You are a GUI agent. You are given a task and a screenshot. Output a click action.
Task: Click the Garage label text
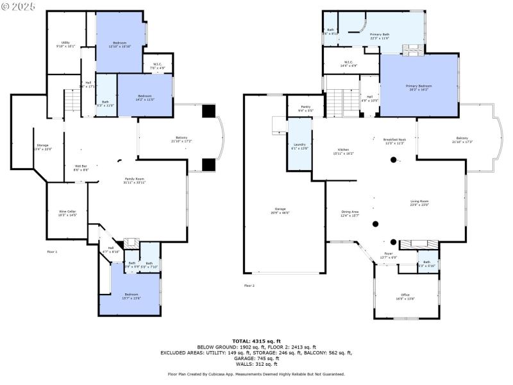[x=280, y=209]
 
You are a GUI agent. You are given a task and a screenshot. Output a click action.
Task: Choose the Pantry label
[x=297, y=107]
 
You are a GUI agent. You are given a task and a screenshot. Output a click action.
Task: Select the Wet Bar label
[x=80, y=167]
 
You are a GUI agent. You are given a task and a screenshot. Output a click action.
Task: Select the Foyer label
[x=389, y=255]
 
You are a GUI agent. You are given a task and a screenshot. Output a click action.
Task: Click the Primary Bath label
[x=380, y=35]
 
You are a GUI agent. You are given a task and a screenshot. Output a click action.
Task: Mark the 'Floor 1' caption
[x=52, y=252]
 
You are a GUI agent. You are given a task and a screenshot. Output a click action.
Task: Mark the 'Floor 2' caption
[x=249, y=285]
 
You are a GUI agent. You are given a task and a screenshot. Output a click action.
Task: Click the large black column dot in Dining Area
[x=376, y=224]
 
